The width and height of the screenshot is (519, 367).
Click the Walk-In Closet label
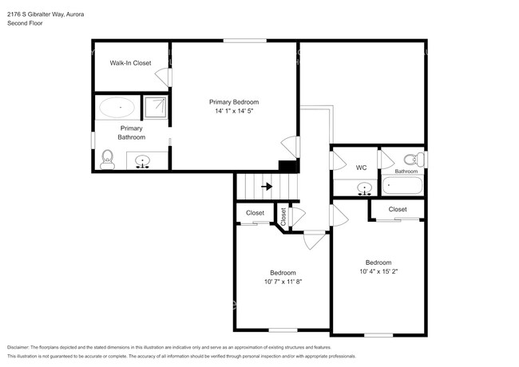pos(130,62)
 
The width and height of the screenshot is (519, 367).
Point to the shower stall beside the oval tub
pos(156,107)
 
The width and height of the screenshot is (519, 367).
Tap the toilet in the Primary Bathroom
pos(108,160)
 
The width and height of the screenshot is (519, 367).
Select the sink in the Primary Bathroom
pos(144,162)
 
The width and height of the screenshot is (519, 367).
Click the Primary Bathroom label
pos(132,132)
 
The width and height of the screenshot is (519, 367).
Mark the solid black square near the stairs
pos(285,166)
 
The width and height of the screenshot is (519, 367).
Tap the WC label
pos(361,168)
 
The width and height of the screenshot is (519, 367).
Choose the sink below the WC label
pos(365,190)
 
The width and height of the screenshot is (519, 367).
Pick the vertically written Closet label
pos(283,215)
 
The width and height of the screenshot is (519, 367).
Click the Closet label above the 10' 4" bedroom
pos(397,209)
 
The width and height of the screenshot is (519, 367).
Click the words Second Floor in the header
pos(26,24)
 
